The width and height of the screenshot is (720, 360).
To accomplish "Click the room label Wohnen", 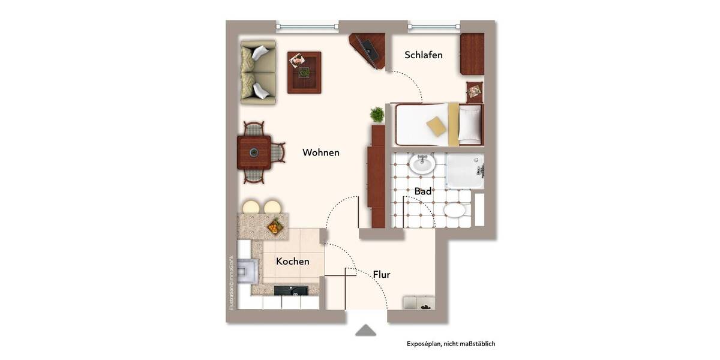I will [x=321, y=152].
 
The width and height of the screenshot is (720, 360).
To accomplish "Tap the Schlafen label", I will [x=424, y=55].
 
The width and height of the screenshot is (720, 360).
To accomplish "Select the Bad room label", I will [x=423, y=191].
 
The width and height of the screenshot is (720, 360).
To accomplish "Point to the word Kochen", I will [x=293, y=262].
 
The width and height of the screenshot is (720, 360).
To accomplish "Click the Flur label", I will [x=382, y=275].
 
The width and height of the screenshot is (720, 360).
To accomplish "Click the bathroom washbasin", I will [x=422, y=164].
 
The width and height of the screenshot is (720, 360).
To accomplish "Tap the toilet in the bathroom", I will [x=457, y=211].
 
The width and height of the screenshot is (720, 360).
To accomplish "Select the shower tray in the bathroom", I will [x=465, y=170].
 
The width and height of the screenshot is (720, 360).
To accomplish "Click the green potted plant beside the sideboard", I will [x=377, y=114].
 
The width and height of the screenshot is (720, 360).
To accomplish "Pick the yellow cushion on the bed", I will [x=436, y=125].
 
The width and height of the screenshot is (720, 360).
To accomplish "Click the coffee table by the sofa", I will [x=304, y=72].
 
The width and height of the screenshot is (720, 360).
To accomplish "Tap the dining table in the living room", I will [x=254, y=152].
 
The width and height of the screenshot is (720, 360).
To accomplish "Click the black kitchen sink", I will [x=291, y=291].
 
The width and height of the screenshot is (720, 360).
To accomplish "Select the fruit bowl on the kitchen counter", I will [x=274, y=227].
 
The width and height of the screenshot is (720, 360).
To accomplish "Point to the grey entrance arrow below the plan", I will [x=365, y=331].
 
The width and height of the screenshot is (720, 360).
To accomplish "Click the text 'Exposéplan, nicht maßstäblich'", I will [x=451, y=344].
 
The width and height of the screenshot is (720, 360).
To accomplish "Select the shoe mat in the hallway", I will [x=419, y=302].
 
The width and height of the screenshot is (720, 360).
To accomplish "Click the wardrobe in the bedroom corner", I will [x=472, y=54].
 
